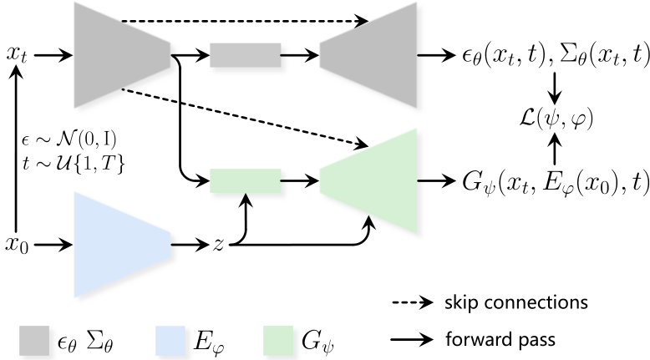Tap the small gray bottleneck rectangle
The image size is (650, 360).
[x=244, y=56]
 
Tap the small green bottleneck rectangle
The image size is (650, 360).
[x=244, y=180]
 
